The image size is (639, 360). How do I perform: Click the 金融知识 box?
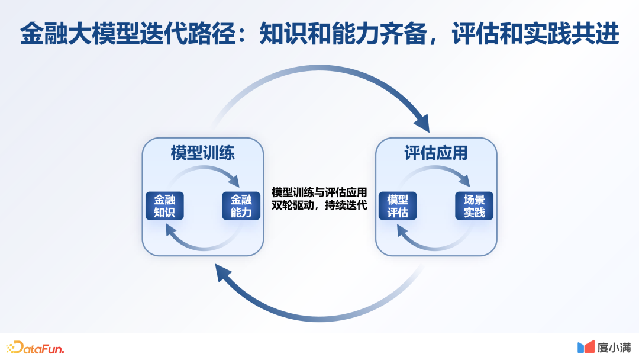164,205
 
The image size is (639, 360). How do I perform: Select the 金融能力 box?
241,205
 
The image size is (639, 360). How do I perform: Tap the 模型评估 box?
398,205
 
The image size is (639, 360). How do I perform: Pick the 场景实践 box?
474,205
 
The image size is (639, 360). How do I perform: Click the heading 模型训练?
202,153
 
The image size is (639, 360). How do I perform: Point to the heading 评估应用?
436,153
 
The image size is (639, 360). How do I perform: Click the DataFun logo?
35,348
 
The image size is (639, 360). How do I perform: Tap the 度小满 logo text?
614,348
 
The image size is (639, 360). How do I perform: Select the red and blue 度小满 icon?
586,347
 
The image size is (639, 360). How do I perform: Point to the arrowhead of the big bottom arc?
224,274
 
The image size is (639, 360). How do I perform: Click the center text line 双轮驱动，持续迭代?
319,205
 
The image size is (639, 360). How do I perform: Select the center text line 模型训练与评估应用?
319,193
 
